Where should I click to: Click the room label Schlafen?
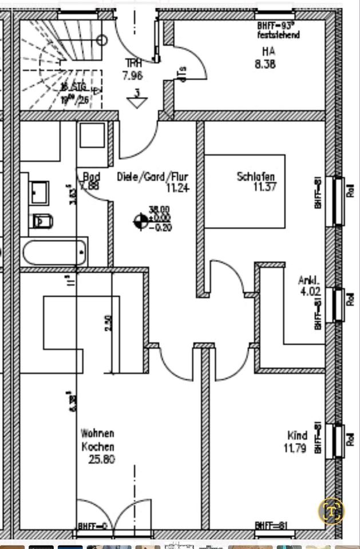pos(256,177)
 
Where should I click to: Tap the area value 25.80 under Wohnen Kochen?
pos(101,459)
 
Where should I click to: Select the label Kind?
pos(298,435)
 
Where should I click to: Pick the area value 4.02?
pos(310,291)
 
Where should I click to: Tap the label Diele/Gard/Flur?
pos(153,177)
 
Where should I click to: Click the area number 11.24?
pos(177,187)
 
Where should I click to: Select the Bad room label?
pos(92,176)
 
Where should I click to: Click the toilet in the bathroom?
pos(43,220)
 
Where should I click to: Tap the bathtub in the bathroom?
pos(56,252)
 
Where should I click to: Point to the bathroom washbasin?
pos(39,192)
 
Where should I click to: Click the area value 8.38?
pos(265,64)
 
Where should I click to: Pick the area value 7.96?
pos(132,75)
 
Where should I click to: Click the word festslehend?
pos(278,35)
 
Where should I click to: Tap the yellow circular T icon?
pos(332,510)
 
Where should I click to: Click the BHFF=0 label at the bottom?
pos(92,526)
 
